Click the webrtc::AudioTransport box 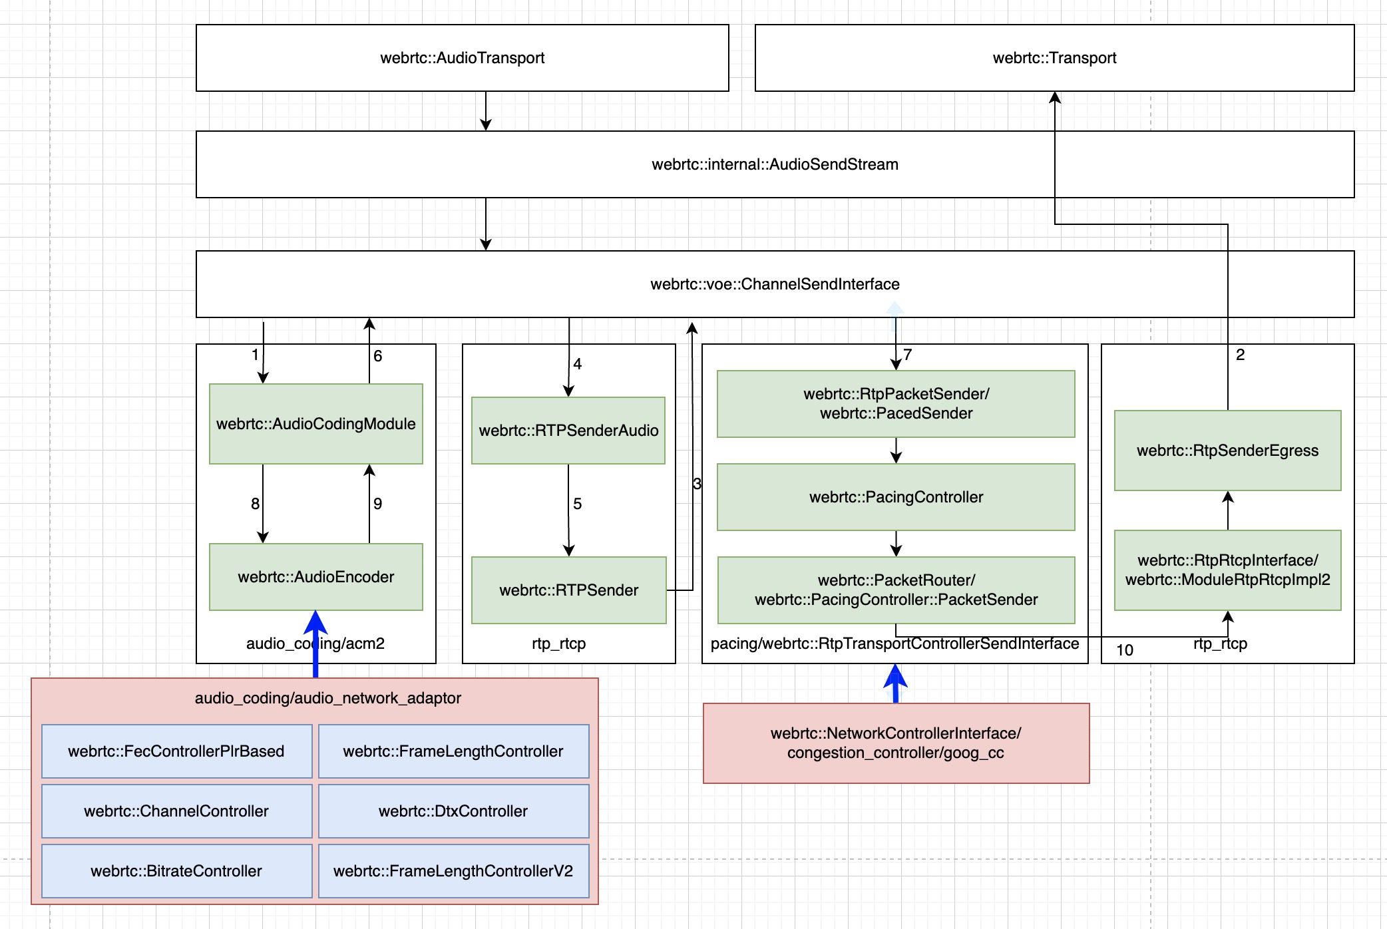[462, 58]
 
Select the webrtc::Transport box [1054, 58]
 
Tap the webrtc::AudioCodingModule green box [315, 424]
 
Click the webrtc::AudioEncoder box [315, 577]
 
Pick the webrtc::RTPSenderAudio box [568, 431]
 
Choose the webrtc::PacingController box [896, 497]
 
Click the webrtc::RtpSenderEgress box [1227, 451]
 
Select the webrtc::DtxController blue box [453, 811]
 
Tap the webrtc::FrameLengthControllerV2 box [453, 871]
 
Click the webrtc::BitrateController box [176, 871]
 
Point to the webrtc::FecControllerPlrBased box [176, 751]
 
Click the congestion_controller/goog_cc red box [896, 743]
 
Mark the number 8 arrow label [255, 504]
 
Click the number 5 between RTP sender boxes [577, 504]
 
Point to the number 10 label [1125, 650]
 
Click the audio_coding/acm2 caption [315, 644]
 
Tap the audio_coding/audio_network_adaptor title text [327, 698]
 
